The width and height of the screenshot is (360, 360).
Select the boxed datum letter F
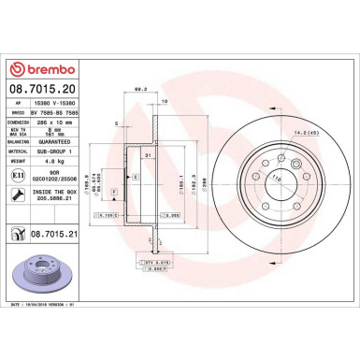tap(114, 191)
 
